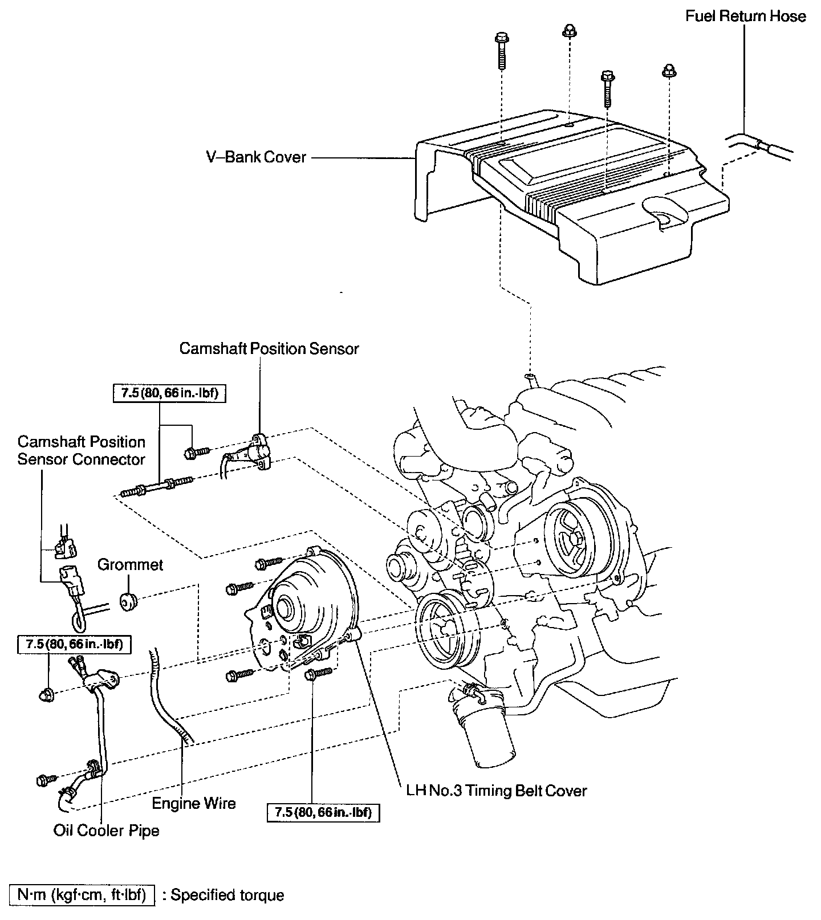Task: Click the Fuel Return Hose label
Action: (x=745, y=16)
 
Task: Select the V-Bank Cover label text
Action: (x=257, y=157)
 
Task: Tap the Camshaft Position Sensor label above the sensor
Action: (x=269, y=348)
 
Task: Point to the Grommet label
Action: (x=131, y=564)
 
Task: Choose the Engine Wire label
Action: (x=194, y=803)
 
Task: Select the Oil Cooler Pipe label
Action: (x=107, y=831)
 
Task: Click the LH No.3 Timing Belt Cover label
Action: (x=497, y=791)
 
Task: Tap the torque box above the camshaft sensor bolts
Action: (x=170, y=393)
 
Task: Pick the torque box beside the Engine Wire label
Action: (x=323, y=812)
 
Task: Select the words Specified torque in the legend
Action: (x=227, y=895)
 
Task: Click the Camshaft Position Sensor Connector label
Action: (x=81, y=450)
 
